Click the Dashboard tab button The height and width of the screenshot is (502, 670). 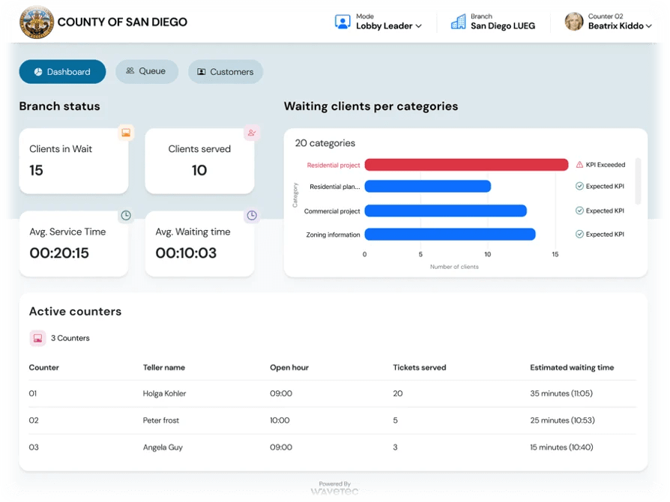[62, 72]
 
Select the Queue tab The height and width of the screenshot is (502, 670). [146, 71]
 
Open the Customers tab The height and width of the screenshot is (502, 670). [225, 72]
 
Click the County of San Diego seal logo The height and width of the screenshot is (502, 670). [37, 22]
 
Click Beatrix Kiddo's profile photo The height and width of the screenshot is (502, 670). [574, 22]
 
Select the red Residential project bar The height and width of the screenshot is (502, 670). [465, 165]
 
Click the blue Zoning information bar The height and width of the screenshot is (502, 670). [450, 235]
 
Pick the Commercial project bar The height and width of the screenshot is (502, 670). [445, 211]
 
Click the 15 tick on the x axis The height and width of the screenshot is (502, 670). [555, 254]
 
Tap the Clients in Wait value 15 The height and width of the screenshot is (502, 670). [36, 170]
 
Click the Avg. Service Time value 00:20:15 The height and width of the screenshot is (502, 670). [59, 253]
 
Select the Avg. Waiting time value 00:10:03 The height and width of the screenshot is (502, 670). [186, 253]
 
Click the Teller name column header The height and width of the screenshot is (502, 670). [164, 368]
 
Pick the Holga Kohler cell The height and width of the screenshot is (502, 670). [164, 393]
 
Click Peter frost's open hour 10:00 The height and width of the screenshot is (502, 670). [280, 420]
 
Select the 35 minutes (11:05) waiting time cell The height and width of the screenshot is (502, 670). [561, 393]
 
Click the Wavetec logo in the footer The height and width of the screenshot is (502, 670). [334, 492]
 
